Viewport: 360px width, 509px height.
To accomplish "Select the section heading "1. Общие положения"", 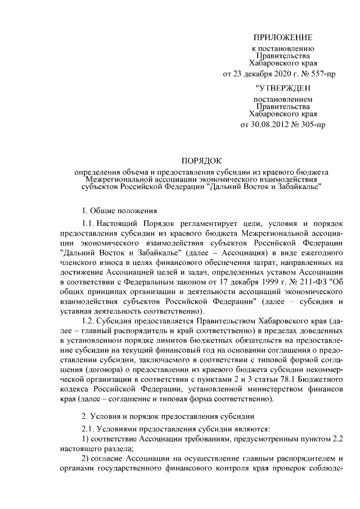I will (x=118, y=211).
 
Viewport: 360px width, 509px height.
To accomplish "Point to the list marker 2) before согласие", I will (x=85, y=458).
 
